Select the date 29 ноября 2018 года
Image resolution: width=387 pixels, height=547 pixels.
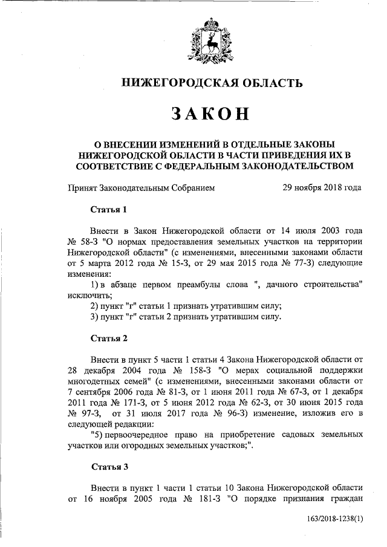322,187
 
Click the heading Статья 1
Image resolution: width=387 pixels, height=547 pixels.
109,210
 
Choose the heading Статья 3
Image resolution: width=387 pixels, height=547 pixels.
109,466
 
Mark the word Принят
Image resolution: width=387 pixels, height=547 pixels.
82,187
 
